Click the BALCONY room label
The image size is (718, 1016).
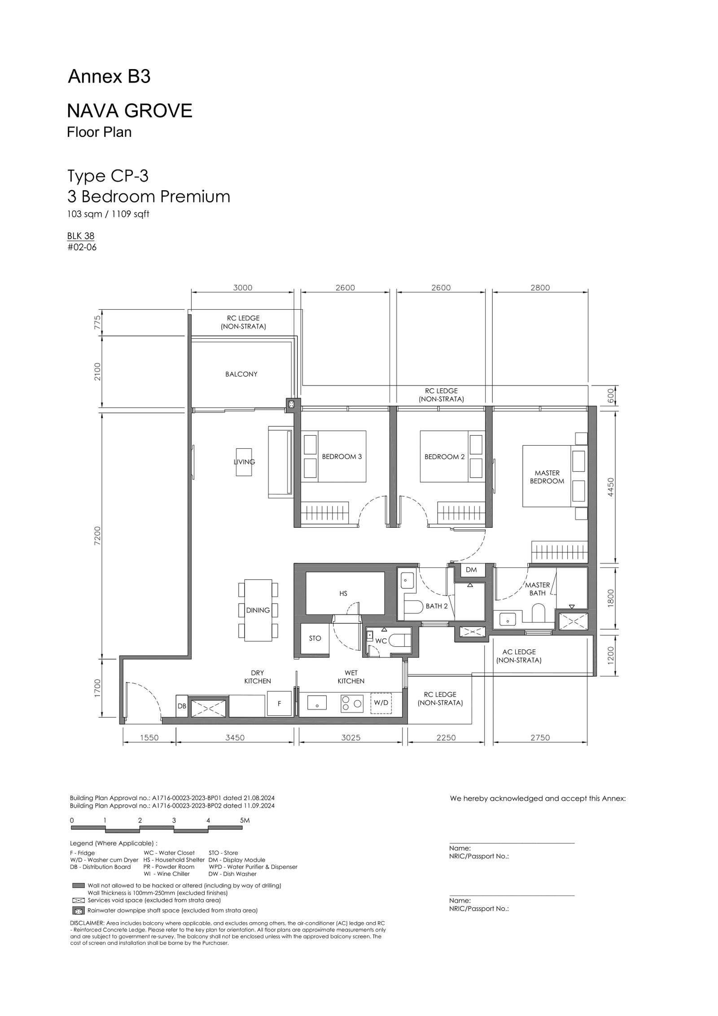tap(241, 374)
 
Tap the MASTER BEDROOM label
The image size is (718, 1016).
tap(547, 477)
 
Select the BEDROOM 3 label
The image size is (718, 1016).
tap(341, 457)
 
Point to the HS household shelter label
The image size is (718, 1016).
tap(343, 594)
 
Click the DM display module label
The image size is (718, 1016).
tap(471, 570)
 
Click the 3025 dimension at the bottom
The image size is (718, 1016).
tap(351, 738)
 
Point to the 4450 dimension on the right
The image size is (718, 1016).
tap(610, 487)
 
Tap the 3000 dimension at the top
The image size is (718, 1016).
tap(243, 288)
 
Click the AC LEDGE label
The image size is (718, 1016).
tap(519, 652)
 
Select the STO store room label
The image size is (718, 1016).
tap(315, 638)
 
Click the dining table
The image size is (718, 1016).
tap(258, 610)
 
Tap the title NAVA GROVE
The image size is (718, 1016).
tap(130, 110)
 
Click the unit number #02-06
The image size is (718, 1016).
tap(82, 247)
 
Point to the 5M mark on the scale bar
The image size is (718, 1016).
tap(245, 820)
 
